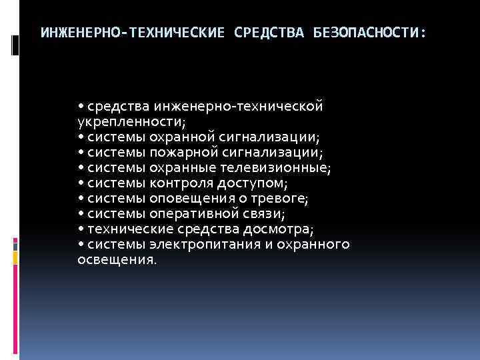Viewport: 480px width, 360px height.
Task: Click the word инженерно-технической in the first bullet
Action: coord(239,107)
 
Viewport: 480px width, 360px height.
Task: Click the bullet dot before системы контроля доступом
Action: coord(81,183)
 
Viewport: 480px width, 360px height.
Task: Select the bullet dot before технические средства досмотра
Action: coord(81,230)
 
